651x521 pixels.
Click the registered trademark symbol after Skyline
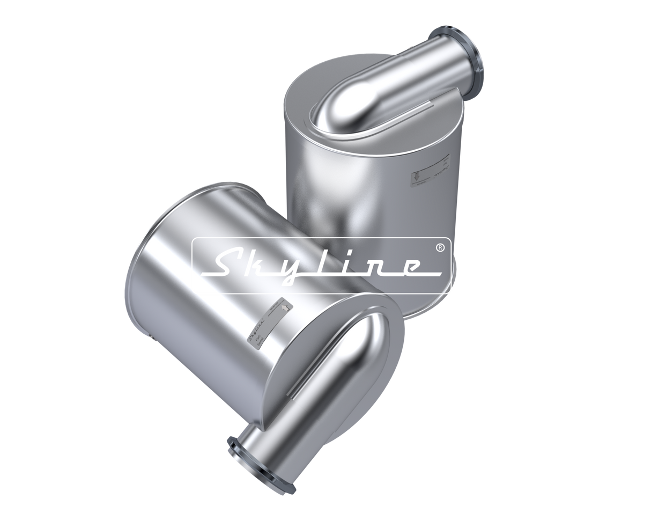pos(440,248)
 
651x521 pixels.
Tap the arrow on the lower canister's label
pos(284,306)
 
